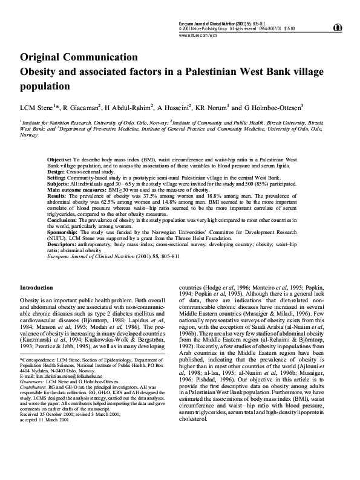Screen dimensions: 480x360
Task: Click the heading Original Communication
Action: coord(79,57)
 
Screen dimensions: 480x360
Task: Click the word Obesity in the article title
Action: coord(41,71)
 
